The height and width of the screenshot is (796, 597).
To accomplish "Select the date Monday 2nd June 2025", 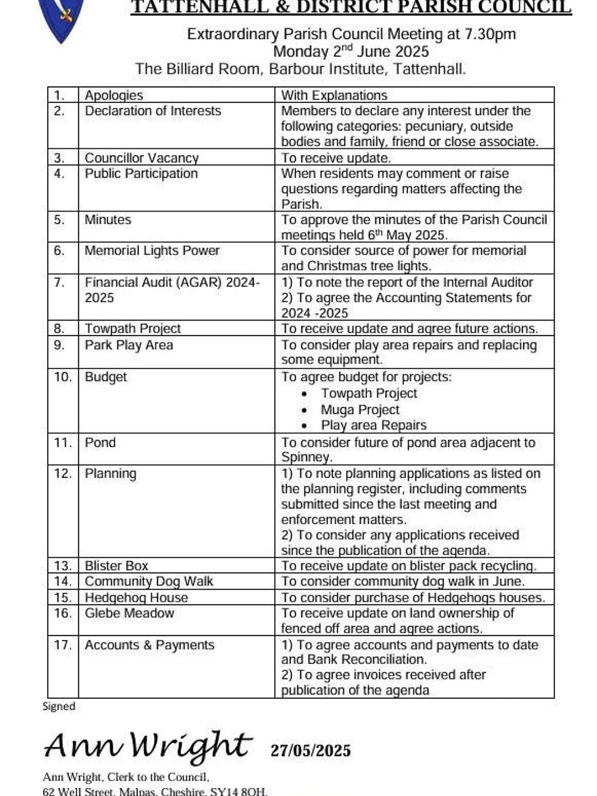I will (351, 51).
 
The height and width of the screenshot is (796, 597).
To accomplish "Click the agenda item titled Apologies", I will (114, 95).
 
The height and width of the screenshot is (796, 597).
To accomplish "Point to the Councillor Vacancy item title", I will (142, 158).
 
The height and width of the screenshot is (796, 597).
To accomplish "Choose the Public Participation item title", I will (141, 174).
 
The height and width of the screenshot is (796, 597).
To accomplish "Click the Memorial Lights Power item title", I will (152, 250).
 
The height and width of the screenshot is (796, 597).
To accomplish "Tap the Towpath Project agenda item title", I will (133, 328).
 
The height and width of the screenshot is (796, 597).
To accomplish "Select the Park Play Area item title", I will (129, 345).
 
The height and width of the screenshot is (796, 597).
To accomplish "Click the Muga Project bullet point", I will (360, 410).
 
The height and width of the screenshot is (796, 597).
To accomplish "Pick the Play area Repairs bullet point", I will (374, 425).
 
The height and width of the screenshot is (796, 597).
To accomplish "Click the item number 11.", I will (62, 443).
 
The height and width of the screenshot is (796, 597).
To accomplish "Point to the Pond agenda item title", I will (100, 443).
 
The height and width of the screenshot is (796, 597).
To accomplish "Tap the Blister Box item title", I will (117, 565).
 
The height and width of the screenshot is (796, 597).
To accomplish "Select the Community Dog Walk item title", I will (149, 581).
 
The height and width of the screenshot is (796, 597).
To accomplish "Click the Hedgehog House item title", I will (136, 598).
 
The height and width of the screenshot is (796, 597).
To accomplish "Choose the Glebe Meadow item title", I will (129, 613).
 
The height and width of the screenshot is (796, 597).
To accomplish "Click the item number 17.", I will (62, 645).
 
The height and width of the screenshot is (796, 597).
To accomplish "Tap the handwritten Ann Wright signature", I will (148, 746).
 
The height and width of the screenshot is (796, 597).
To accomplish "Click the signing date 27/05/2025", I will (311, 750).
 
